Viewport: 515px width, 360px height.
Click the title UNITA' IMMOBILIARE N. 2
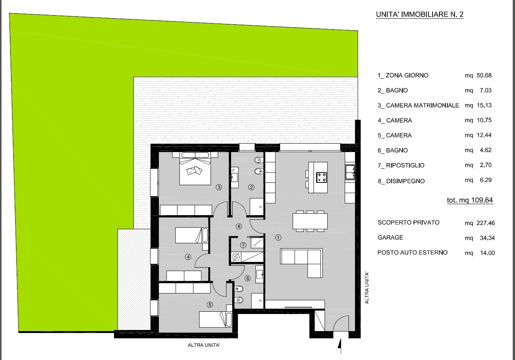[420, 14]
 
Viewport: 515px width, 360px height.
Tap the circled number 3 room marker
[219, 187]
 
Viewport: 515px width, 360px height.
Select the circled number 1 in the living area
[278, 238]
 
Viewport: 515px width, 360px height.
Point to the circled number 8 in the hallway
[239, 227]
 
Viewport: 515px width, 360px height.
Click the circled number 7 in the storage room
[243, 245]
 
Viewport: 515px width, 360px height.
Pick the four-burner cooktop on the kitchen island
[322, 177]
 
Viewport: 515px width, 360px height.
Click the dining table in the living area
[310, 221]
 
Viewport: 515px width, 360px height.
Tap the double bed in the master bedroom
[195, 168]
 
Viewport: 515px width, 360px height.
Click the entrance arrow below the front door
[341, 346]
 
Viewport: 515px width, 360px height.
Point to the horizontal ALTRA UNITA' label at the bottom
[204, 345]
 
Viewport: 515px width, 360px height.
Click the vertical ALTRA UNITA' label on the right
[367, 288]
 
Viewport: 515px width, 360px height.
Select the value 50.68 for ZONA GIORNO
[484, 75]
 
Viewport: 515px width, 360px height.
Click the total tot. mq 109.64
[470, 200]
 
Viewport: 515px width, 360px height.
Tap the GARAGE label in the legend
[390, 238]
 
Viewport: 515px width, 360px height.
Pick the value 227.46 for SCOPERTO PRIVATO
[486, 223]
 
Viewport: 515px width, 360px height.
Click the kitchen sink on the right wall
[350, 172]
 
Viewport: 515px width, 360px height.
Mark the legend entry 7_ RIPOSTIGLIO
[401, 165]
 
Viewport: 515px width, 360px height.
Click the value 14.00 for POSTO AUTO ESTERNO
[487, 253]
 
